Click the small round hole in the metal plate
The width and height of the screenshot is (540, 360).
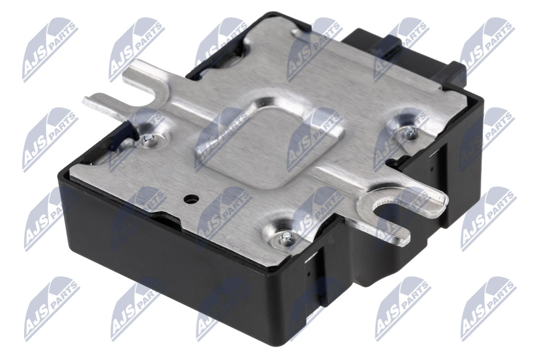[191, 199]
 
